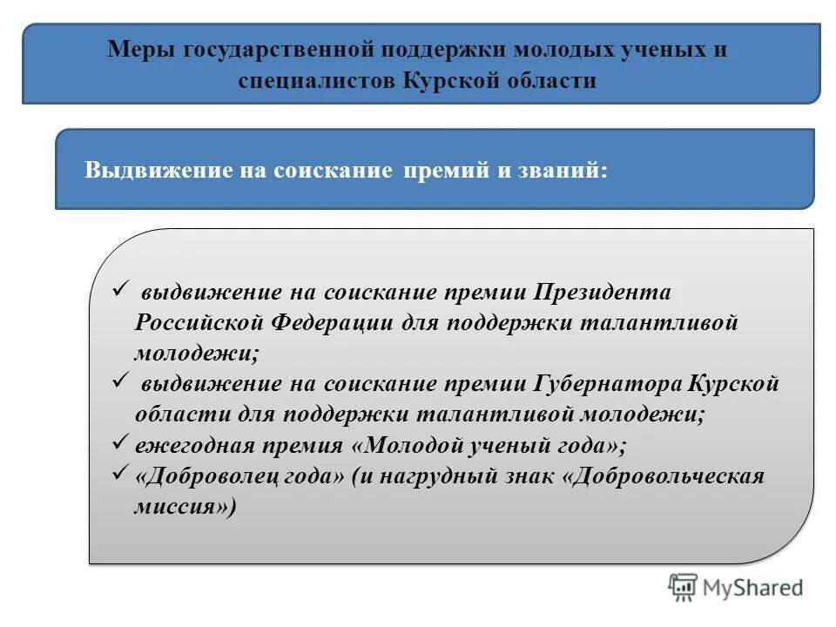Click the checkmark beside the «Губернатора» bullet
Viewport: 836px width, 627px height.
tap(121, 381)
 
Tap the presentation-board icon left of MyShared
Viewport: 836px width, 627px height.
tap(684, 588)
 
